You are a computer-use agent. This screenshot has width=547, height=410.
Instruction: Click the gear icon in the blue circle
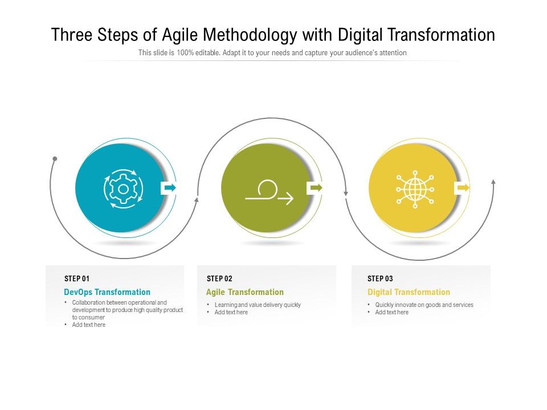123,187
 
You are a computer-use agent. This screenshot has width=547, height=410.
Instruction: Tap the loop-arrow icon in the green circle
269,192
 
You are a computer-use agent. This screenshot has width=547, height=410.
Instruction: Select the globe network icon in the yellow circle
415,188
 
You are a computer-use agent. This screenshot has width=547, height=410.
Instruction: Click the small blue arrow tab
169,187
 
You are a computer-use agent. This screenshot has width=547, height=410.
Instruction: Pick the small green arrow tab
315,187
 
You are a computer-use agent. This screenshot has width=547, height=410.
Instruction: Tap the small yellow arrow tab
462,187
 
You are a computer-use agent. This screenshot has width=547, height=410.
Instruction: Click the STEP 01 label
77,278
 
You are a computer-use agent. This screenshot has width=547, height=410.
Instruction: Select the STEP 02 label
219,278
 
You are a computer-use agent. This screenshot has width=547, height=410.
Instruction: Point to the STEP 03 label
380,278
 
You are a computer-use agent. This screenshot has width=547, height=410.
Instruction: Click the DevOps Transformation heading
107,292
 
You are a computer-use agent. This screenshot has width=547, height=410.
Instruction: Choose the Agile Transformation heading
244,292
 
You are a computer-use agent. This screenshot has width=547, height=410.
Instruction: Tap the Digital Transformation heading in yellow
409,292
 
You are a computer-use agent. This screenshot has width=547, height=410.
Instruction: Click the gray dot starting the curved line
55,158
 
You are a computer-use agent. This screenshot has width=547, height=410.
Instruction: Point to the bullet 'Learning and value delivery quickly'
258,305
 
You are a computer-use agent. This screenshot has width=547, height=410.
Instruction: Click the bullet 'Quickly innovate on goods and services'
424,305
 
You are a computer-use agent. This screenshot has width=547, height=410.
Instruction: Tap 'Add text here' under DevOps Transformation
89,325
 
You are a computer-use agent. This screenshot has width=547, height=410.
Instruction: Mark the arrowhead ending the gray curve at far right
493,182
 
